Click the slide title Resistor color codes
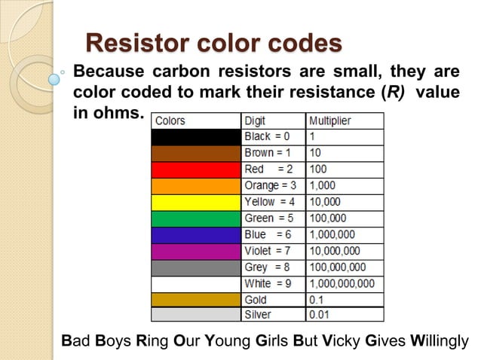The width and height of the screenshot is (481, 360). click(214, 42)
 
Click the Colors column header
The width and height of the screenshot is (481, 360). click(170, 121)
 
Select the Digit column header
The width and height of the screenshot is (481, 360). click(255, 121)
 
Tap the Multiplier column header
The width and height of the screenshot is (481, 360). click(330, 121)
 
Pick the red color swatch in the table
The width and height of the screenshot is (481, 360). click(196, 169)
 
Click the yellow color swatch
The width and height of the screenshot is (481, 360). click(196, 202)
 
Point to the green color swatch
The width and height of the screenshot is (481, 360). click(196, 218)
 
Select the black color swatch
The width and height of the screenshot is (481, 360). click(196, 137)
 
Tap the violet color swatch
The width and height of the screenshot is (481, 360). click(196, 251)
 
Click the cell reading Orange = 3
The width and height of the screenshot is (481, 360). click(271, 185)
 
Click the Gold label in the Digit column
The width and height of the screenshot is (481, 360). click(257, 299)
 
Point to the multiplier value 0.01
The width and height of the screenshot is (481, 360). click(320, 315)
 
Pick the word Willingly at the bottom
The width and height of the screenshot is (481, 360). click(440, 341)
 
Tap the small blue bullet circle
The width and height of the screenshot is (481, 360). click(54, 77)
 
